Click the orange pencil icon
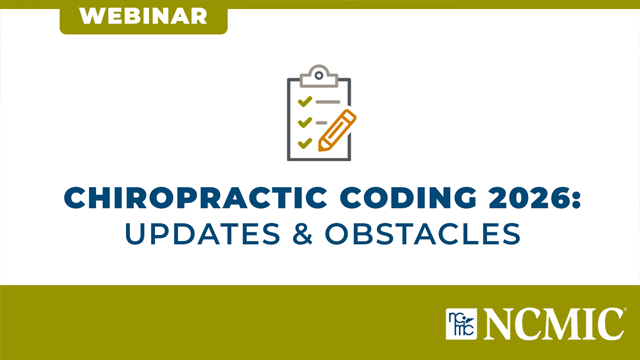pos(336,132)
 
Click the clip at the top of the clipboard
pos(319,74)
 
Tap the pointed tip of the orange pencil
pos(322,148)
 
